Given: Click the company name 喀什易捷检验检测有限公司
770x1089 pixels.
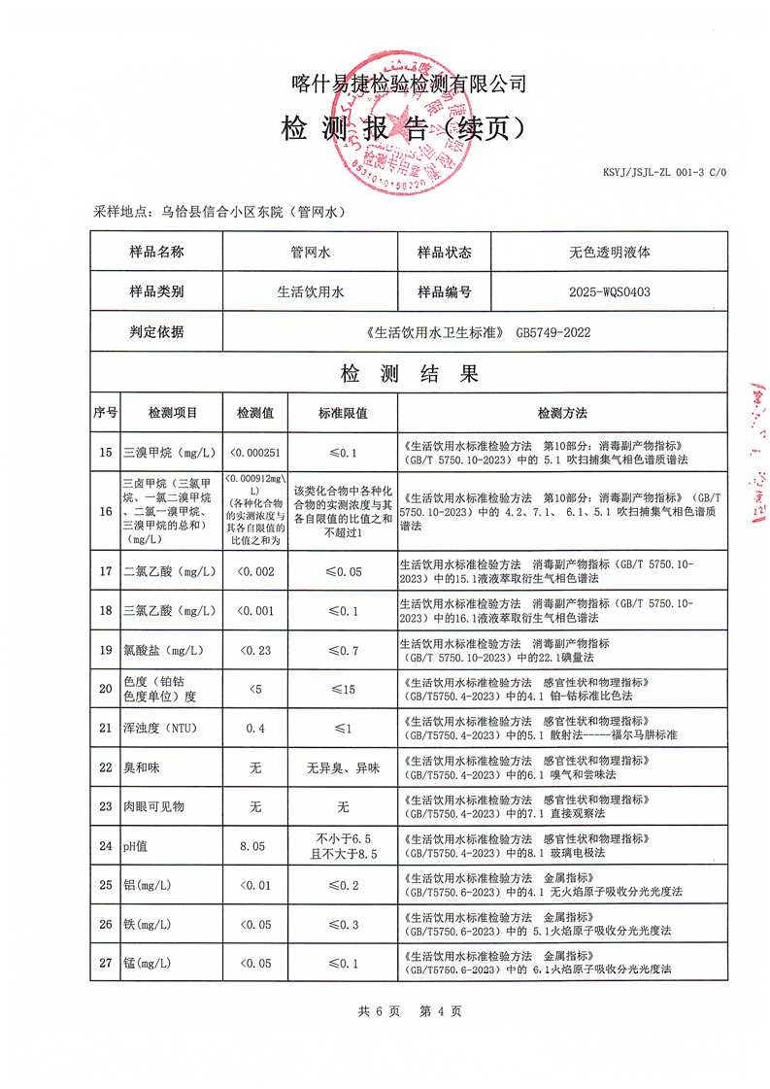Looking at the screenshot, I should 409,85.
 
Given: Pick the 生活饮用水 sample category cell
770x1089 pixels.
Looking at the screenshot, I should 312,291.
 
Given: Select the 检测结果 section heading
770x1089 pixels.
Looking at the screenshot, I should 409,374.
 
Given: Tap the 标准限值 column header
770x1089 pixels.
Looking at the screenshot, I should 343,413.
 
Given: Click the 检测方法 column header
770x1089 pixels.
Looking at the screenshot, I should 562,413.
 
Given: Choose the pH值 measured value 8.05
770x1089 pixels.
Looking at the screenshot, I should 255,846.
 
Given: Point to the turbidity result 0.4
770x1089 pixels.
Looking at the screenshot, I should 255,728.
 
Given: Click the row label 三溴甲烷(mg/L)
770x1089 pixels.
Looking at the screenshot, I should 160,452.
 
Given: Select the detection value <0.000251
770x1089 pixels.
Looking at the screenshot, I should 255,452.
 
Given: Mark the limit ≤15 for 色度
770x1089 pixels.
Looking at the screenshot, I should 343,689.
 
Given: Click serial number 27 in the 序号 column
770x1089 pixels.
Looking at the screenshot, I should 106,963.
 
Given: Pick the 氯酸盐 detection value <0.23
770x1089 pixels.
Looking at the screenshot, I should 255,650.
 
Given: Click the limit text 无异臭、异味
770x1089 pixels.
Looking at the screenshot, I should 343,767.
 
